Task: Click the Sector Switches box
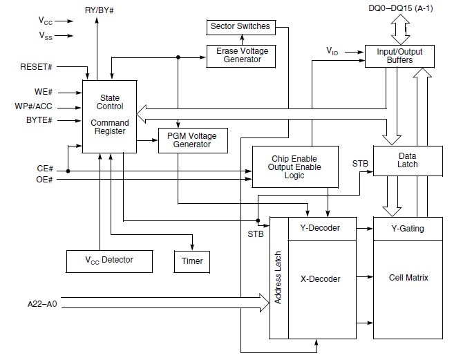pyautogui.click(x=240, y=27)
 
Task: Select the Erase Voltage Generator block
pyautogui.click(x=240, y=56)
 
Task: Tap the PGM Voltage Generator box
pyautogui.click(x=193, y=140)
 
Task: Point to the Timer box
pyautogui.click(x=192, y=262)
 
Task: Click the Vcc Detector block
pyautogui.click(x=109, y=261)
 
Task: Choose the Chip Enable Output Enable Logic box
pyautogui.click(x=295, y=167)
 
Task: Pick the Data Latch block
pyautogui.click(x=408, y=161)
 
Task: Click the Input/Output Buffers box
pyautogui.click(x=399, y=56)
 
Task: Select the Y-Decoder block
pyautogui.click(x=322, y=229)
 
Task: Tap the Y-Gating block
pyautogui.click(x=408, y=229)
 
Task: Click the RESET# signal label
pyautogui.click(x=36, y=67)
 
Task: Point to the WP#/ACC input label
pyautogui.click(x=33, y=106)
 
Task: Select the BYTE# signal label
pyautogui.click(x=39, y=120)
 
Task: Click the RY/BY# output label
pyautogui.click(x=100, y=10)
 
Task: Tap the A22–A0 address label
pyautogui.click(x=42, y=304)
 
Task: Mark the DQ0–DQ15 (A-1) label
pyautogui.click(x=401, y=8)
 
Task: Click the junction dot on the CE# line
pyautogui.click(x=68, y=171)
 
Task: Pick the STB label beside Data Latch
pyautogui.click(x=360, y=164)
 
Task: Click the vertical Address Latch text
pyautogui.click(x=278, y=277)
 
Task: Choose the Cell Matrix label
pyautogui.click(x=408, y=278)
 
